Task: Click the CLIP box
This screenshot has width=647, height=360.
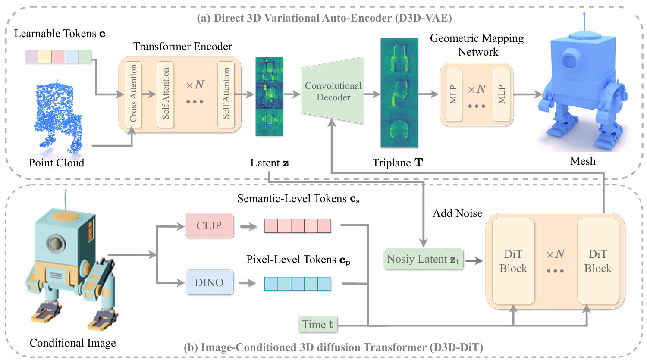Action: tap(209, 225)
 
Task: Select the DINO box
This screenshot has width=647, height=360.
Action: tap(209, 282)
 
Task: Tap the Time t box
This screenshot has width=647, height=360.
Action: tap(317, 324)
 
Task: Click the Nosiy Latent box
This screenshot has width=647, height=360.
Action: tap(423, 259)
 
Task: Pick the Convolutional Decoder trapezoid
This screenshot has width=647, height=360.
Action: tap(333, 91)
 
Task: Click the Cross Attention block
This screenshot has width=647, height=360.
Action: tap(133, 94)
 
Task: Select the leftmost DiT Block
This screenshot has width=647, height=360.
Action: tap(513, 261)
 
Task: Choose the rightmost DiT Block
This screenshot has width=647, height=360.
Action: tap(598, 261)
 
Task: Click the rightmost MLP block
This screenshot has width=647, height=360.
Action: tap(502, 94)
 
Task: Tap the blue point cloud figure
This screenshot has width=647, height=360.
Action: tap(58, 116)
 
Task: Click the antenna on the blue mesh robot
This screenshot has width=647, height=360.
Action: tap(584, 22)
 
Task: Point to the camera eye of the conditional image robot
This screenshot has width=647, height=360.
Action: tap(56, 243)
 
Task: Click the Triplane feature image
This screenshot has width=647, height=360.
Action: tap(399, 93)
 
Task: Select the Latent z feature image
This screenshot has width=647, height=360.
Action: tap(269, 97)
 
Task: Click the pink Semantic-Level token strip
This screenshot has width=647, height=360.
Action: tap(298, 226)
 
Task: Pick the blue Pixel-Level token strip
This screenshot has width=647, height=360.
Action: tap(298, 284)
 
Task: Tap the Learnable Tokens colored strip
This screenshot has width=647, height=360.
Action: tap(58, 56)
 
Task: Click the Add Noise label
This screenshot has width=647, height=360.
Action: tap(457, 213)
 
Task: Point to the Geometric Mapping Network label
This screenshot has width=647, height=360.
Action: tap(477, 45)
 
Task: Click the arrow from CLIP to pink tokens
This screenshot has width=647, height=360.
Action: tap(248, 226)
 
